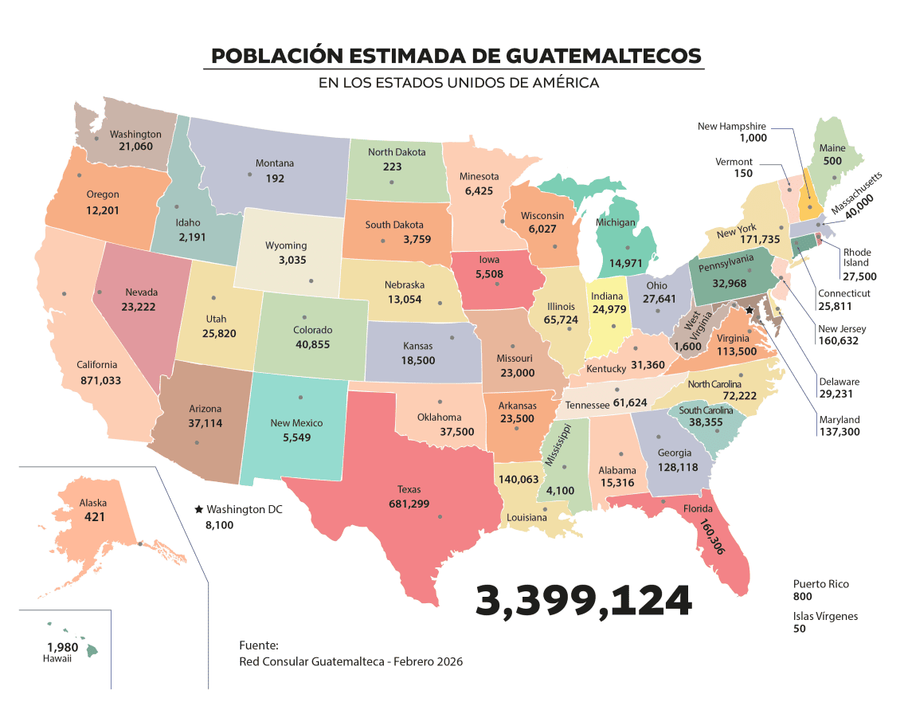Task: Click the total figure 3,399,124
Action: coord(583,601)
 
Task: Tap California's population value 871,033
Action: coord(100,381)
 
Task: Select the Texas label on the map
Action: coord(409,489)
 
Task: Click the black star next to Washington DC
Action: coord(198,509)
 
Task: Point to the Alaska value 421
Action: coord(95,517)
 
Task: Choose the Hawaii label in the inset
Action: coord(57,659)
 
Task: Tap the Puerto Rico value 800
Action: coord(803,597)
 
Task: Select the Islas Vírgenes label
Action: coord(825,616)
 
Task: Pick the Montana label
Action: coord(274,163)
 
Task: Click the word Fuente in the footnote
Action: coord(258,645)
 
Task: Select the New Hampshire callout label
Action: coord(731,126)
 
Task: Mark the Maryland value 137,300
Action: coord(840,432)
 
